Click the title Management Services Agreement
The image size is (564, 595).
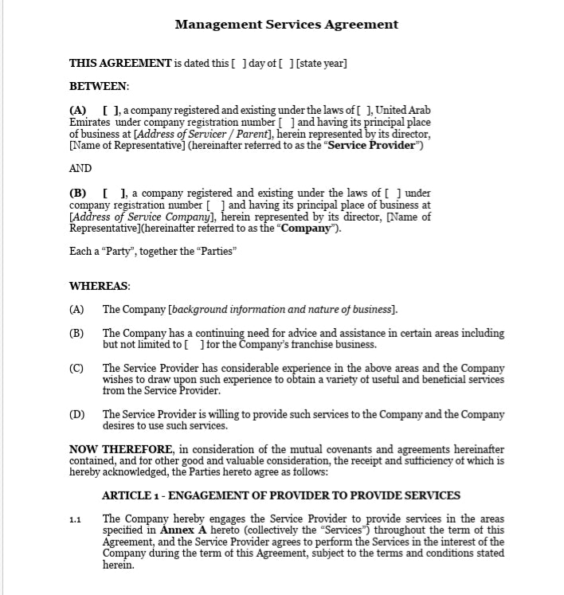(x=286, y=24)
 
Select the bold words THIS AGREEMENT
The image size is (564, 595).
(x=120, y=64)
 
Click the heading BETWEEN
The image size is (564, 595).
(x=99, y=86)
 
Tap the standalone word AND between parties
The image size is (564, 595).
(x=80, y=168)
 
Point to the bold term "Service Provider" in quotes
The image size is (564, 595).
(x=372, y=146)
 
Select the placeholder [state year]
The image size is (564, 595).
(x=322, y=64)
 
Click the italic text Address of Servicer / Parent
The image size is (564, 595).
(x=209, y=135)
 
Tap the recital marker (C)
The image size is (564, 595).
(x=76, y=368)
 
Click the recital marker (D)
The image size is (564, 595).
(x=76, y=414)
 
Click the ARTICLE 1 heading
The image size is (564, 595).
(x=281, y=495)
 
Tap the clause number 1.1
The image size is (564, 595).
(x=75, y=520)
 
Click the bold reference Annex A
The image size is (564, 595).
(x=183, y=530)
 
